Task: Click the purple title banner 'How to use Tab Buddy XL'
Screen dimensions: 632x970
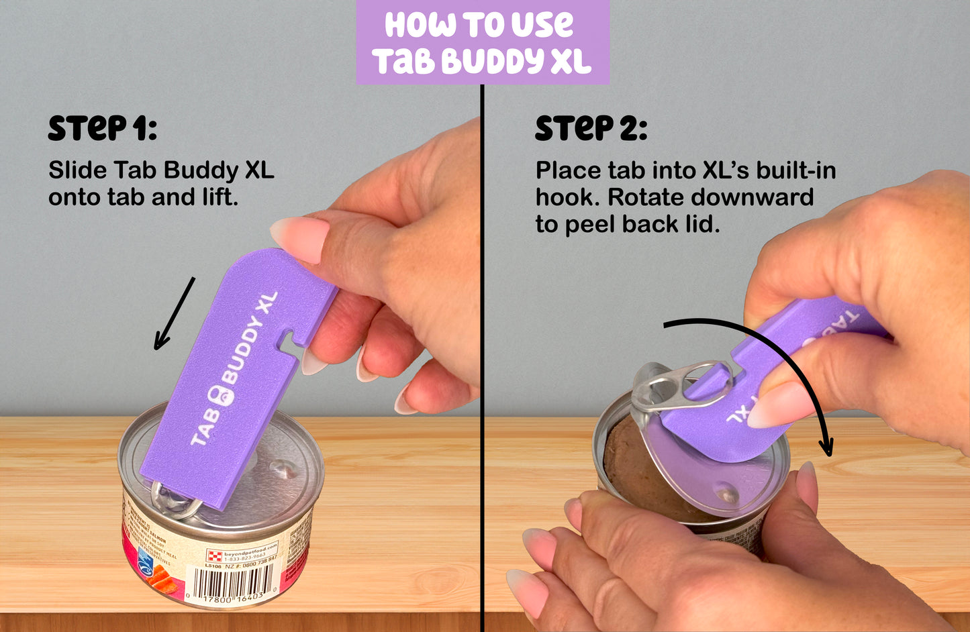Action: click(x=483, y=42)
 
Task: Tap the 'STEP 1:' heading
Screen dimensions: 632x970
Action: click(x=102, y=129)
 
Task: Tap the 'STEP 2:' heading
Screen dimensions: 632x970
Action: click(x=591, y=129)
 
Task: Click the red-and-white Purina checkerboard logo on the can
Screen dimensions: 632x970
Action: click(x=214, y=554)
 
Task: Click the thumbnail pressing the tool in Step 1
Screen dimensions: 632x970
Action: click(x=300, y=238)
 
